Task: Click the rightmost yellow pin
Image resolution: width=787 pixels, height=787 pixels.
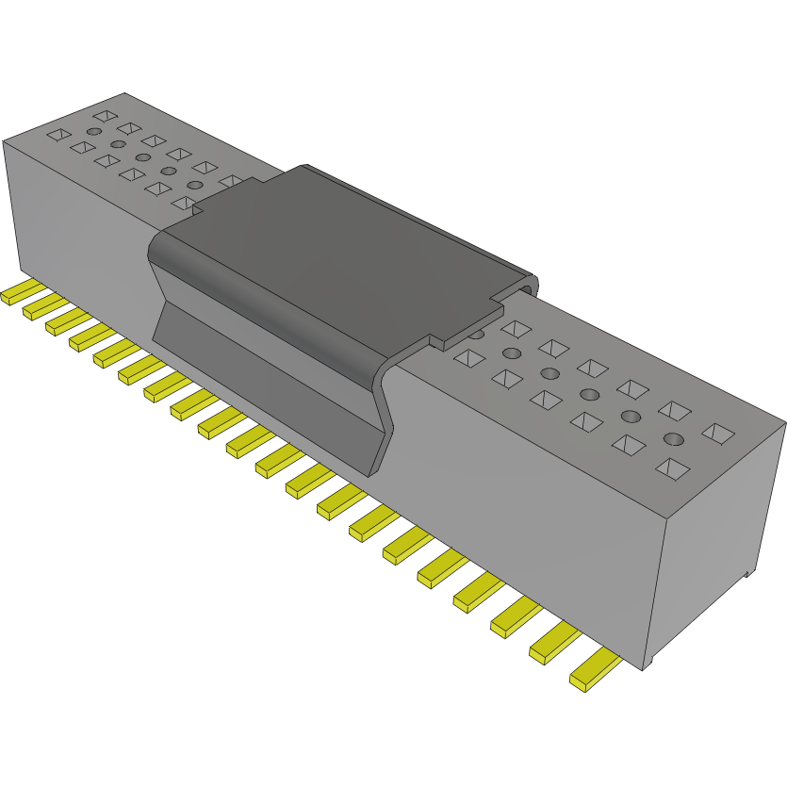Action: coord(594,672)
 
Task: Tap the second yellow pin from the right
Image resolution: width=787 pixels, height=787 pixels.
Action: coord(552,646)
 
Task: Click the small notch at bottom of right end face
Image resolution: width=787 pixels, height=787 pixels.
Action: coord(746,571)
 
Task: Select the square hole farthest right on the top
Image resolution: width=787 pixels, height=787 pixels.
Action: coord(720,433)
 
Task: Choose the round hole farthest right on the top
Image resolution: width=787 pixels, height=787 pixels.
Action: coord(673,438)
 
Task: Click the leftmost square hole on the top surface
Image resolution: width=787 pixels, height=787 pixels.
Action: coord(58,135)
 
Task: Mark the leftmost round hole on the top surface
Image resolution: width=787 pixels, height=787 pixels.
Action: coord(93,132)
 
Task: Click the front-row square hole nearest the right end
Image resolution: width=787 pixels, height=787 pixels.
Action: coord(671,467)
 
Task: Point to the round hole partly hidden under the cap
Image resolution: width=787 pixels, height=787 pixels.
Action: coord(478,333)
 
